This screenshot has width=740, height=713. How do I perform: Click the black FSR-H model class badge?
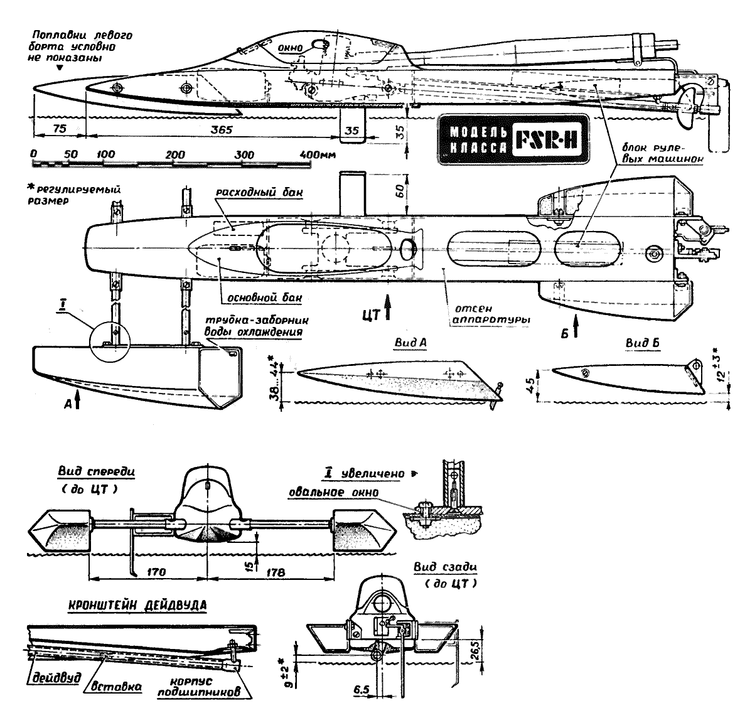click(513, 140)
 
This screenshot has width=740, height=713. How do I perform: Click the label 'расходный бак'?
click(257, 193)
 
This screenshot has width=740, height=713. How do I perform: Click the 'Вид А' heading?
click(405, 346)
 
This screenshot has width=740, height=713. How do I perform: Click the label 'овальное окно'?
click(342, 493)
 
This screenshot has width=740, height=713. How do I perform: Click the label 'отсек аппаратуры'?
click(491, 313)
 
